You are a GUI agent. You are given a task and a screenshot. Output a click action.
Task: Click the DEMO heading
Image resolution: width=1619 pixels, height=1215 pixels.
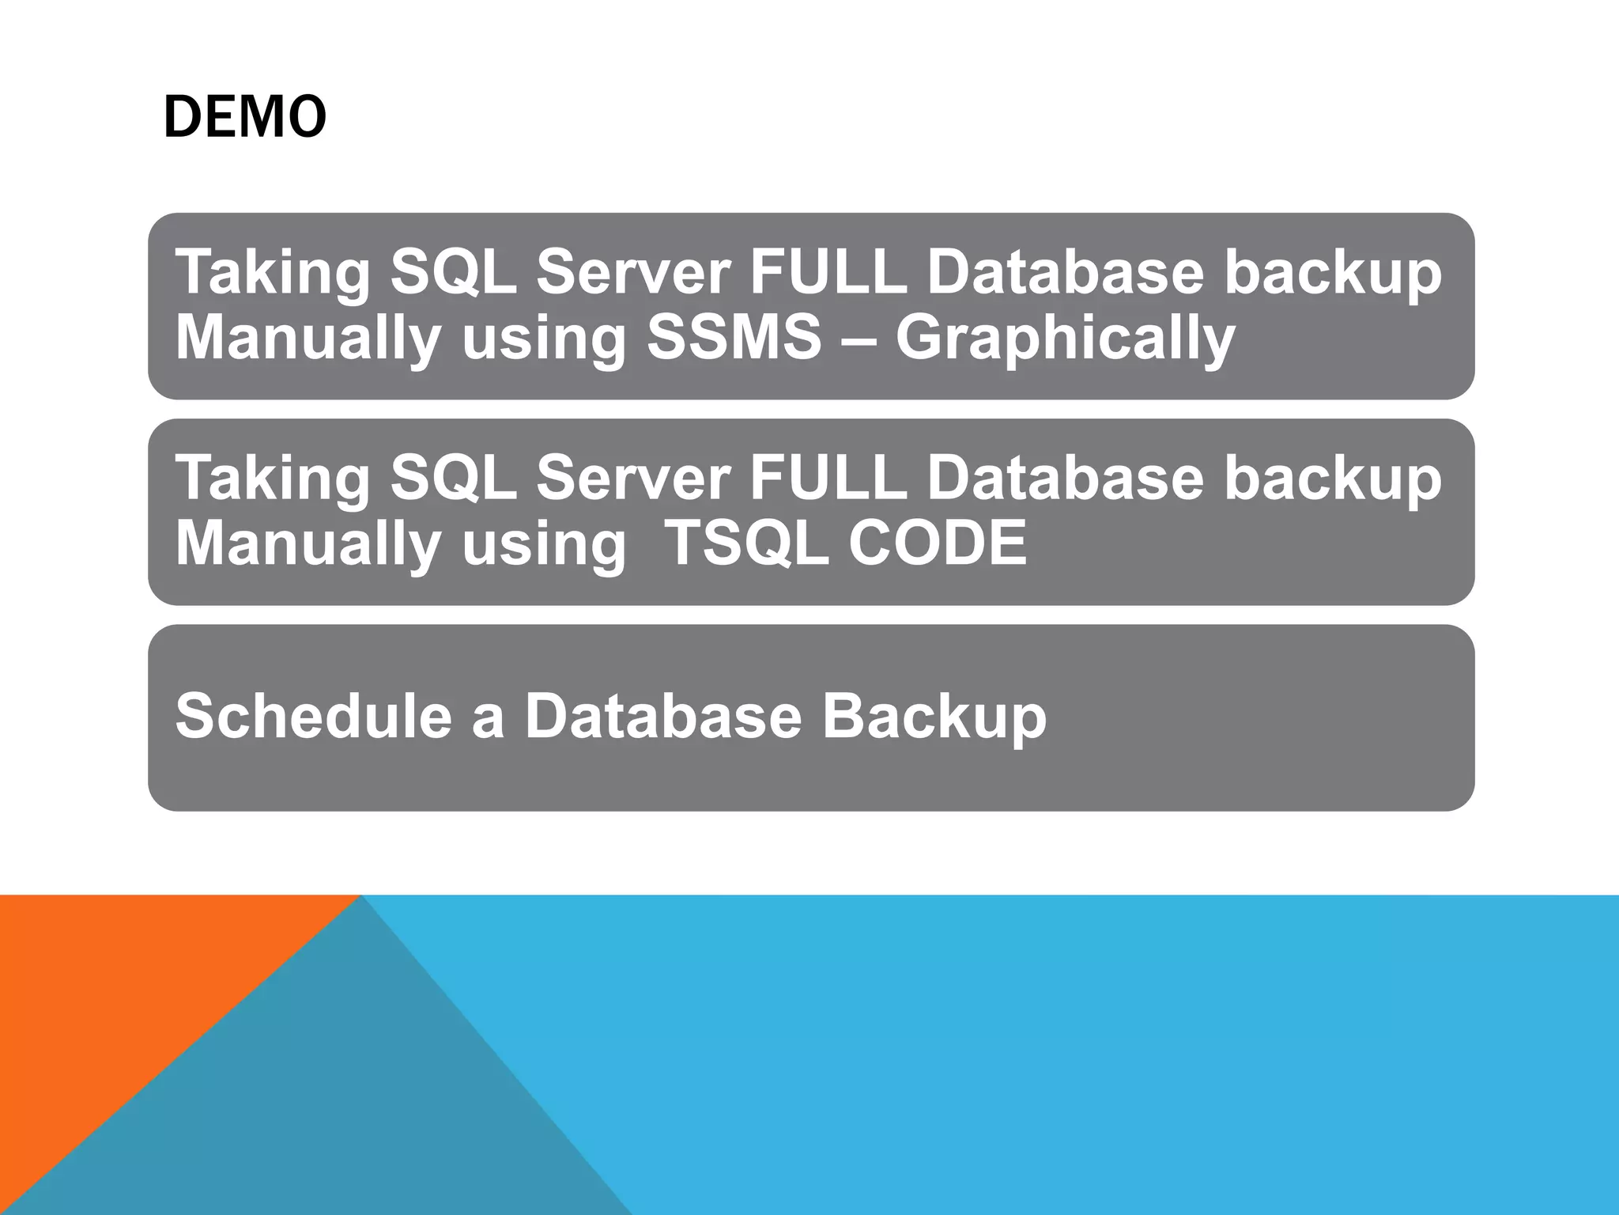244,117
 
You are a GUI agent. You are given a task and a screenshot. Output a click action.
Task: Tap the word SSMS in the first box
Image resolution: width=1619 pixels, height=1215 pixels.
734,338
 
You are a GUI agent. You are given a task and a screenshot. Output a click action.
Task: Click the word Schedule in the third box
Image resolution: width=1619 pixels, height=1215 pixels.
312,716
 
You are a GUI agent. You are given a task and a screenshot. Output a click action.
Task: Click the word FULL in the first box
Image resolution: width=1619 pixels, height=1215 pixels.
828,272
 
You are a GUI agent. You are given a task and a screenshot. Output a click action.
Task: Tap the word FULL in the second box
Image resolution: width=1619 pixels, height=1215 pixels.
828,479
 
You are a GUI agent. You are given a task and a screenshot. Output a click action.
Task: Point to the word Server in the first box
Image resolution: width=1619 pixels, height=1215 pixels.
632,272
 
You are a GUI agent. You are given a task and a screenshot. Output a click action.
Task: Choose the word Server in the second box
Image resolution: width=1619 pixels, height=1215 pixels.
632,479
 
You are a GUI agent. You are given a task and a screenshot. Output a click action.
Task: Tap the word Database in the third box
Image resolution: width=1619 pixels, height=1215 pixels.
662,716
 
